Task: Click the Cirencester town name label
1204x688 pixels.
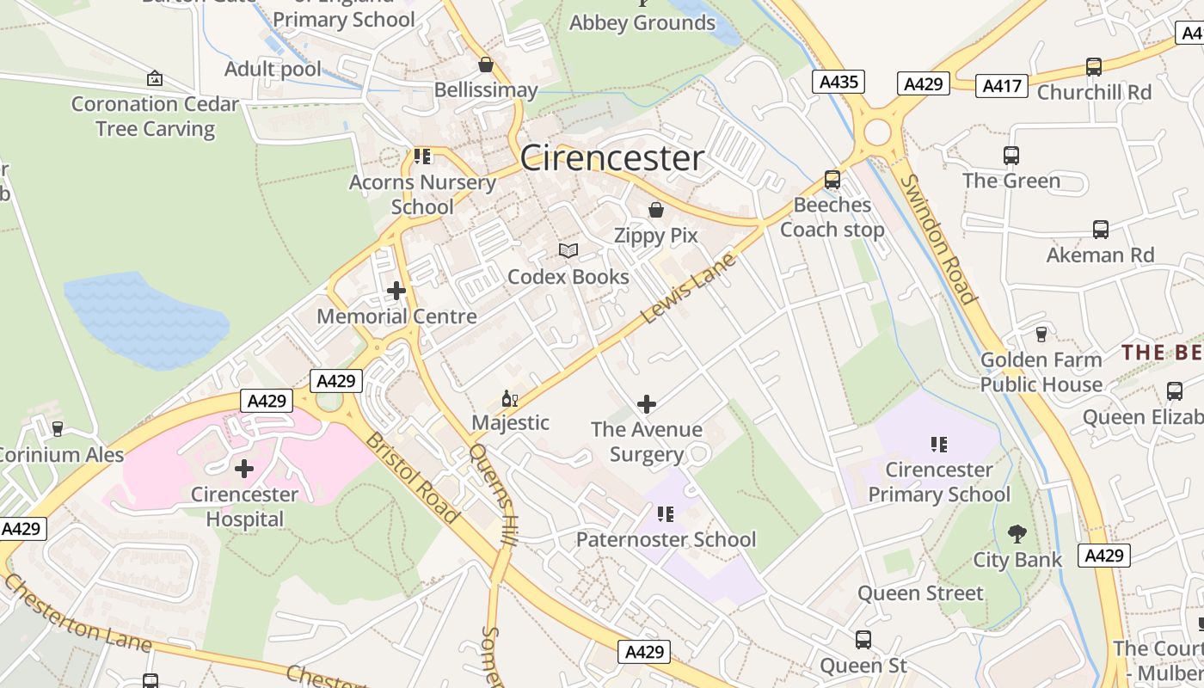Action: [611, 158]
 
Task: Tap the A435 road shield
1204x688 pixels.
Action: [838, 83]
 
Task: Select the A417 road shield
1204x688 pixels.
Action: [1001, 85]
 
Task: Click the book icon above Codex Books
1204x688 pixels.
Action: [568, 250]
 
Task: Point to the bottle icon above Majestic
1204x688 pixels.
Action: [508, 398]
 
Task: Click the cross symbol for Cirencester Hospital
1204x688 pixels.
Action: [244, 469]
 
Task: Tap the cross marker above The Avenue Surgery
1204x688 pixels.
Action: [647, 403]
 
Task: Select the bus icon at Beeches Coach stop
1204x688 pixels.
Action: [832, 179]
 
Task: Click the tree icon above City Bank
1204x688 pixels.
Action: [1017, 534]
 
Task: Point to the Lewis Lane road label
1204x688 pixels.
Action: [689, 289]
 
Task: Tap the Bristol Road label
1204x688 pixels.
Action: [411, 477]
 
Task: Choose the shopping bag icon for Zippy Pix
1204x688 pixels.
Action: [655, 210]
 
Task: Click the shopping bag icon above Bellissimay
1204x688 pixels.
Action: [486, 64]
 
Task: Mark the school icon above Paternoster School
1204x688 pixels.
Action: [665, 514]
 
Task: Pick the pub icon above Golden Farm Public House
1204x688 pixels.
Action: [1041, 334]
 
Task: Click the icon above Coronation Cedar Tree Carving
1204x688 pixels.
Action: [155, 78]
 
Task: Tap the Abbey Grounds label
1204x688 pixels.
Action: [642, 22]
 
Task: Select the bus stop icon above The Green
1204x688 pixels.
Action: [1011, 156]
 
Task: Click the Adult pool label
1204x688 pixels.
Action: [273, 69]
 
